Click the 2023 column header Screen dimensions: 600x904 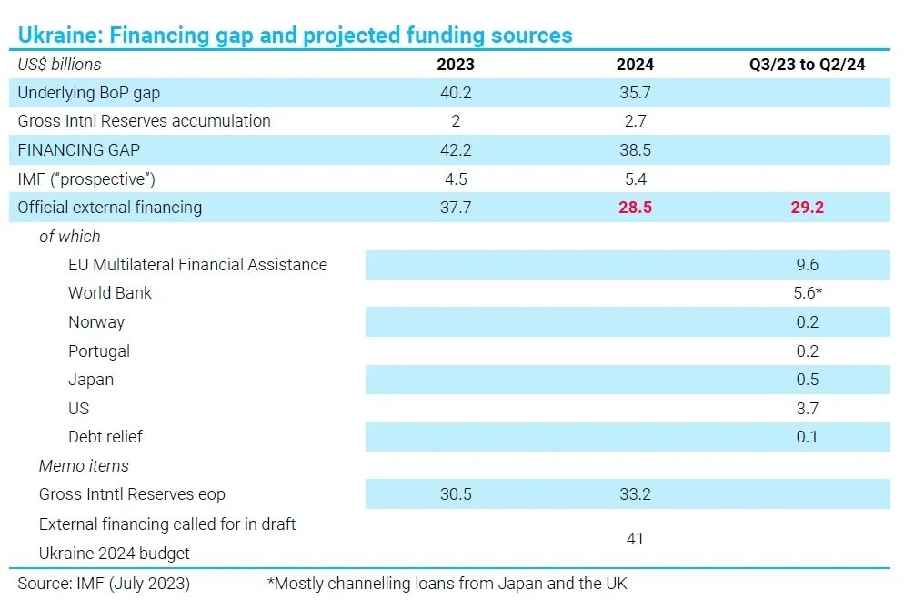(x=455, y=65)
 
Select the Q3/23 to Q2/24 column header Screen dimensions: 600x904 (x=807, y=65)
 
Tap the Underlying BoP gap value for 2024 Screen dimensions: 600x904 (x=635, y=93)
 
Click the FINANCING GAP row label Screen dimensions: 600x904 (x=79, y=150)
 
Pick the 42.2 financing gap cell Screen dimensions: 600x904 (x=455, y=150)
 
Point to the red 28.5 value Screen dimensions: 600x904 (x=635, y=208)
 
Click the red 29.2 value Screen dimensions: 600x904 (x=807, y=208)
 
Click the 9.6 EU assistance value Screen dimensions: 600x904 (x=807, y=265)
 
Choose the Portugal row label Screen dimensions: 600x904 (x=99, y=351)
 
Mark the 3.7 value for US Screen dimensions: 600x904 (x=807, y=409)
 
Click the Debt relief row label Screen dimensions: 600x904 (x=105, y=437)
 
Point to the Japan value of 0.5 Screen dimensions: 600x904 (x=807, y=380)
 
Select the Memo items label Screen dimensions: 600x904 (x=84, y=466)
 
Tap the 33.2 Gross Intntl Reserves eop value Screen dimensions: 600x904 (x=635, y=494)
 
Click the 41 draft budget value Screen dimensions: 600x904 (x=635, y=539)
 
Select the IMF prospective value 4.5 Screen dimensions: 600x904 (x=455, y=179)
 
